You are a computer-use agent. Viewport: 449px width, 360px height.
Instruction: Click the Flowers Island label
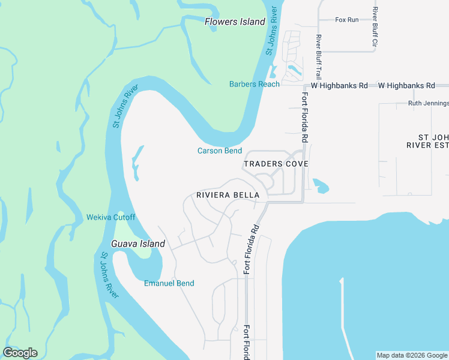pyautogui.click(x=235, y=22)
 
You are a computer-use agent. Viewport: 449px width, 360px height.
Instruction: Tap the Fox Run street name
pyautogui.click(x=347, y=20)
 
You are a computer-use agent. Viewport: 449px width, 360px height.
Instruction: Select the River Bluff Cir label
pyautogui.click(x=375, y=28)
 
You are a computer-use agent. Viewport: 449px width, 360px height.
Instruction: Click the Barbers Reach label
pyautogui.click(x=255, y=84)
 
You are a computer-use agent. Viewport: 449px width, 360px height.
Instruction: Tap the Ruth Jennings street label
pyautogui.click(x=428, y=103)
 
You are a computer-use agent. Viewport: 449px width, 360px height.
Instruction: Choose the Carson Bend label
pyautogui.click(x=220, y=151)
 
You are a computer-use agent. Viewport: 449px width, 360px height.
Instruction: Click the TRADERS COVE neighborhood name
pyautogui.click(x=276, y=164)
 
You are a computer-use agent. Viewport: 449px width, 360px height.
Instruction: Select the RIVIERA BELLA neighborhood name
pyautogui.click(x=228, y=195)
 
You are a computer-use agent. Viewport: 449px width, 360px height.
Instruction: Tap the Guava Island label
pyautogui.click(x=138, y=244)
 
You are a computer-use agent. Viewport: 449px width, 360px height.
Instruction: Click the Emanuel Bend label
pyautogui.click(x=169, y=283)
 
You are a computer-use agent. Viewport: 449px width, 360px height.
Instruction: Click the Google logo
pyautogui.click(x=20, y=353)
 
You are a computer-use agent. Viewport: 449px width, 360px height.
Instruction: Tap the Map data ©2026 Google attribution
pyautogui.click(x=412, y=355)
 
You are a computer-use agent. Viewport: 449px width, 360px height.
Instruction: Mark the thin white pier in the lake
pyautogui.click(x=342, y=312)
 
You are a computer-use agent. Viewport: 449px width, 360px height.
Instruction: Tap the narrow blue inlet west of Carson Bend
pyautogui.click(x=137, y=162)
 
